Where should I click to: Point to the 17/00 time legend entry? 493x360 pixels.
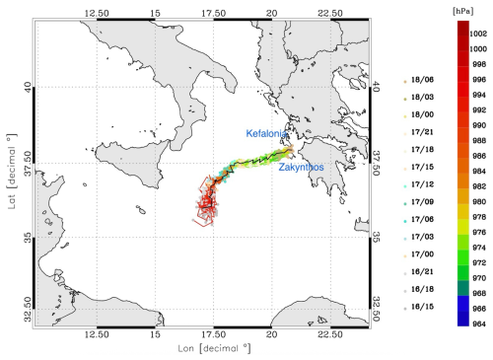tap(427, 253)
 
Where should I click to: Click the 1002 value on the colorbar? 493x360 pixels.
tap(479, 33)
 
